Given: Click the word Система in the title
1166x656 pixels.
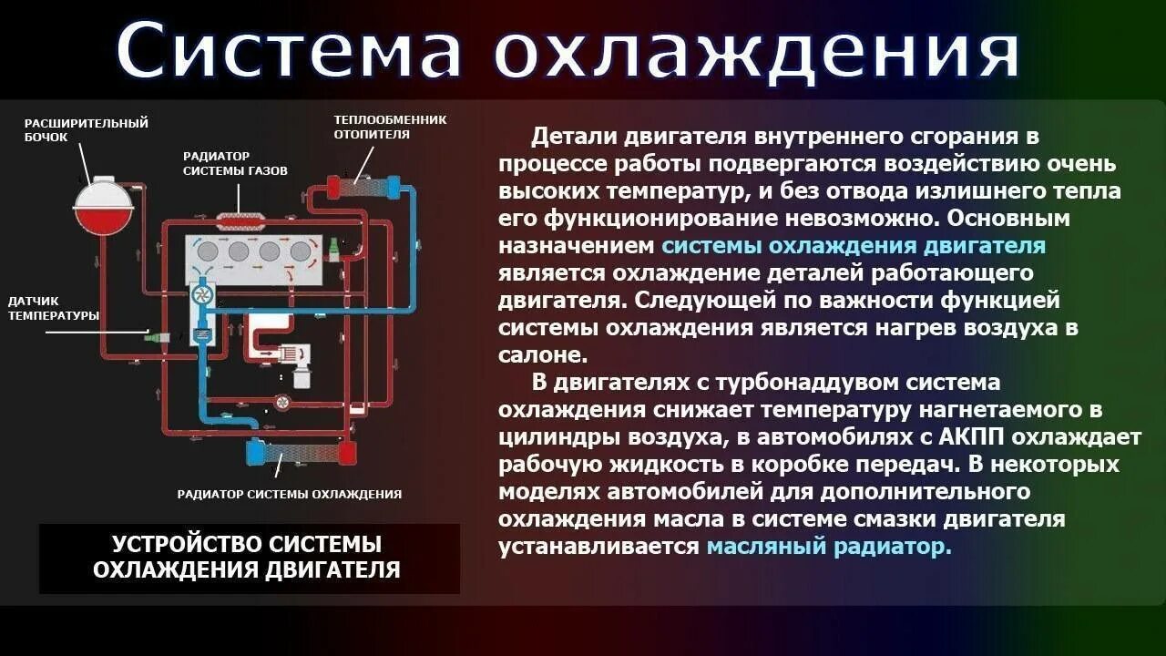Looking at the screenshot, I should pos(290,50).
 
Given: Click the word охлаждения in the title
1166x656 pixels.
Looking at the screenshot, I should pos(756,50).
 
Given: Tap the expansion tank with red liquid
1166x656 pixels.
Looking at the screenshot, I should pos(103,207).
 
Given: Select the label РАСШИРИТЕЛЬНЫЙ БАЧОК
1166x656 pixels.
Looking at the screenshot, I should pos(86,129).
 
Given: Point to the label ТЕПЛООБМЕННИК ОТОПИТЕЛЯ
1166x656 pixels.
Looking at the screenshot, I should pos(390,127).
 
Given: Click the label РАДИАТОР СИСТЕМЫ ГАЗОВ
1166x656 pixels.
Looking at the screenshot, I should pos(235,163).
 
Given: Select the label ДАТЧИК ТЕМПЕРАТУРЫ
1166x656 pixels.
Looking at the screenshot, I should pos(53,307).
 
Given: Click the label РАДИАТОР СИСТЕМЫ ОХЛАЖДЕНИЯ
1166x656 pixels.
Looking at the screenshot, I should pos(289,494).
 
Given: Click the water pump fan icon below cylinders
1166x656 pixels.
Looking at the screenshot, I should pos(203,295).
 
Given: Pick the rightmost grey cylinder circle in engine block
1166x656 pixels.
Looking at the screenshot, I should pos(300,251).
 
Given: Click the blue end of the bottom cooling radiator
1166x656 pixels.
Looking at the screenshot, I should pos(258,453).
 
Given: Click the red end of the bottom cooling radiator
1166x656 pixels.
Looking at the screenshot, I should pos(346,453).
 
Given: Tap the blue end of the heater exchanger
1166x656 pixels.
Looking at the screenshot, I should pos(394,188).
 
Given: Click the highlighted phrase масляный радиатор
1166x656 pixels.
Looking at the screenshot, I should pos(829,547).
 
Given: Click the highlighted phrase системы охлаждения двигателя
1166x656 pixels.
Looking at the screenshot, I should pos(854,246).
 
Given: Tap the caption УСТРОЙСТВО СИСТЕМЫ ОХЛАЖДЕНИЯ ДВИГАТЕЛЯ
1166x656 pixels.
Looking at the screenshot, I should pos(247,557).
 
